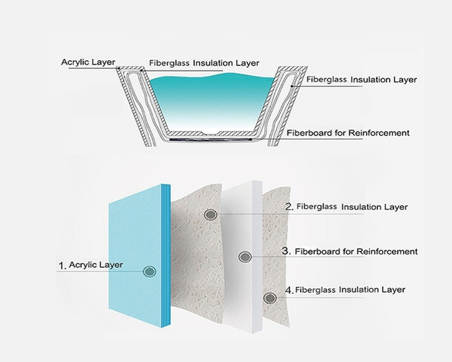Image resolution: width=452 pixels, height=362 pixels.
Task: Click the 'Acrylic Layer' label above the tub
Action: [x=88, y=62]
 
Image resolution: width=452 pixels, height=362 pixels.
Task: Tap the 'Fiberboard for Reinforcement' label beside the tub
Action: [x=348, y=133]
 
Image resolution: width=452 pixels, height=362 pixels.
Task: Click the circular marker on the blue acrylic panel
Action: [x=149, y=271]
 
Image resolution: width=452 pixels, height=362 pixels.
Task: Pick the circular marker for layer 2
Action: [x=211, y=214]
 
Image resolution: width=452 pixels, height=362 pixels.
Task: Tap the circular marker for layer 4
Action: [x=270, y=298]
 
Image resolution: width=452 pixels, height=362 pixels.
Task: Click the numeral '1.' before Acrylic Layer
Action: [x=63, y=266]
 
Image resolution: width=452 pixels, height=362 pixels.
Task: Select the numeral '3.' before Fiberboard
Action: [x=286, y=251]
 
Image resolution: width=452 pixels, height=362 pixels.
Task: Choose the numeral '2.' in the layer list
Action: [x=289, y=207]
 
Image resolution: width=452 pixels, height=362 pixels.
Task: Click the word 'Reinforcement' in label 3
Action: [x=387, y=252]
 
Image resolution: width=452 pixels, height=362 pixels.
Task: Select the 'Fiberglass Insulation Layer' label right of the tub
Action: [x=361, y=80]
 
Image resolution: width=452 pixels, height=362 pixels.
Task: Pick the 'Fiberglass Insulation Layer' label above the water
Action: [x=204, y=63]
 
